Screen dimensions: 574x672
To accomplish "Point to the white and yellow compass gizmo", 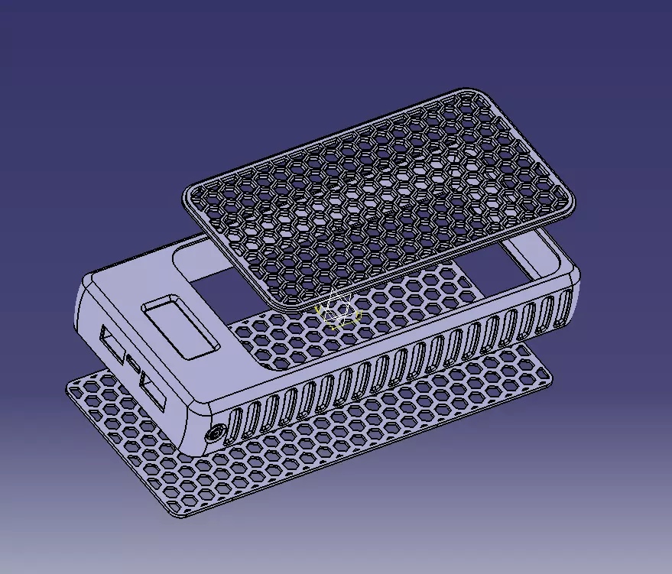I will point(337,310).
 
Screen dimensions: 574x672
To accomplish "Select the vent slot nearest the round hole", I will point(235,424).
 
